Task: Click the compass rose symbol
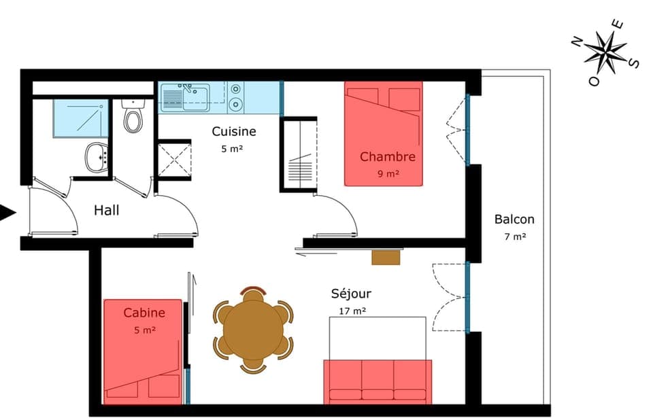coord(605,52)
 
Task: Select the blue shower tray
coord(80,118)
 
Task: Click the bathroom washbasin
coord(98,158)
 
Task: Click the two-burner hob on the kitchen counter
coord(235,97)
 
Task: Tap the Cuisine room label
coord(233,131)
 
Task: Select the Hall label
coord(106,211)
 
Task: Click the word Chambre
coord(387,157)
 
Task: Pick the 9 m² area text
coord(388,173)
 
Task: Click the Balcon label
coord(514,220)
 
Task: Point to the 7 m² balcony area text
coord(515,237)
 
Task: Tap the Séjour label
coord(351,294)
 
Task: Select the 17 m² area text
coord(352,311)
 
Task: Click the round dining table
coord(253,330)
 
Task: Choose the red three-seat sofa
coord(378,382)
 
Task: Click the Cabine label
coord(144,313)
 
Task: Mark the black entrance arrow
coord(7,213)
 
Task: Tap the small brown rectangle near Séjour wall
coord(386,257)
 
